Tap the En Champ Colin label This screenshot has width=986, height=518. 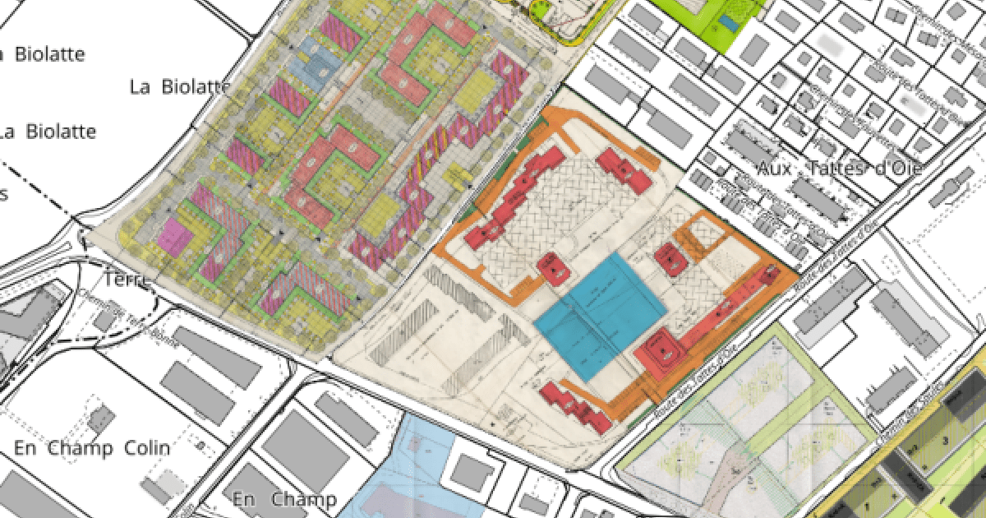pyautogui.click(x=92, y=448)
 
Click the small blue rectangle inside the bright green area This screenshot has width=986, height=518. pyautogui.click(x=728, y=23)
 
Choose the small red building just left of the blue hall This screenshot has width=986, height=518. pyautogui.click(x=551, y=266)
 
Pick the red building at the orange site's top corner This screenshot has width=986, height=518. pyautogui.click(x=623, y=169)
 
